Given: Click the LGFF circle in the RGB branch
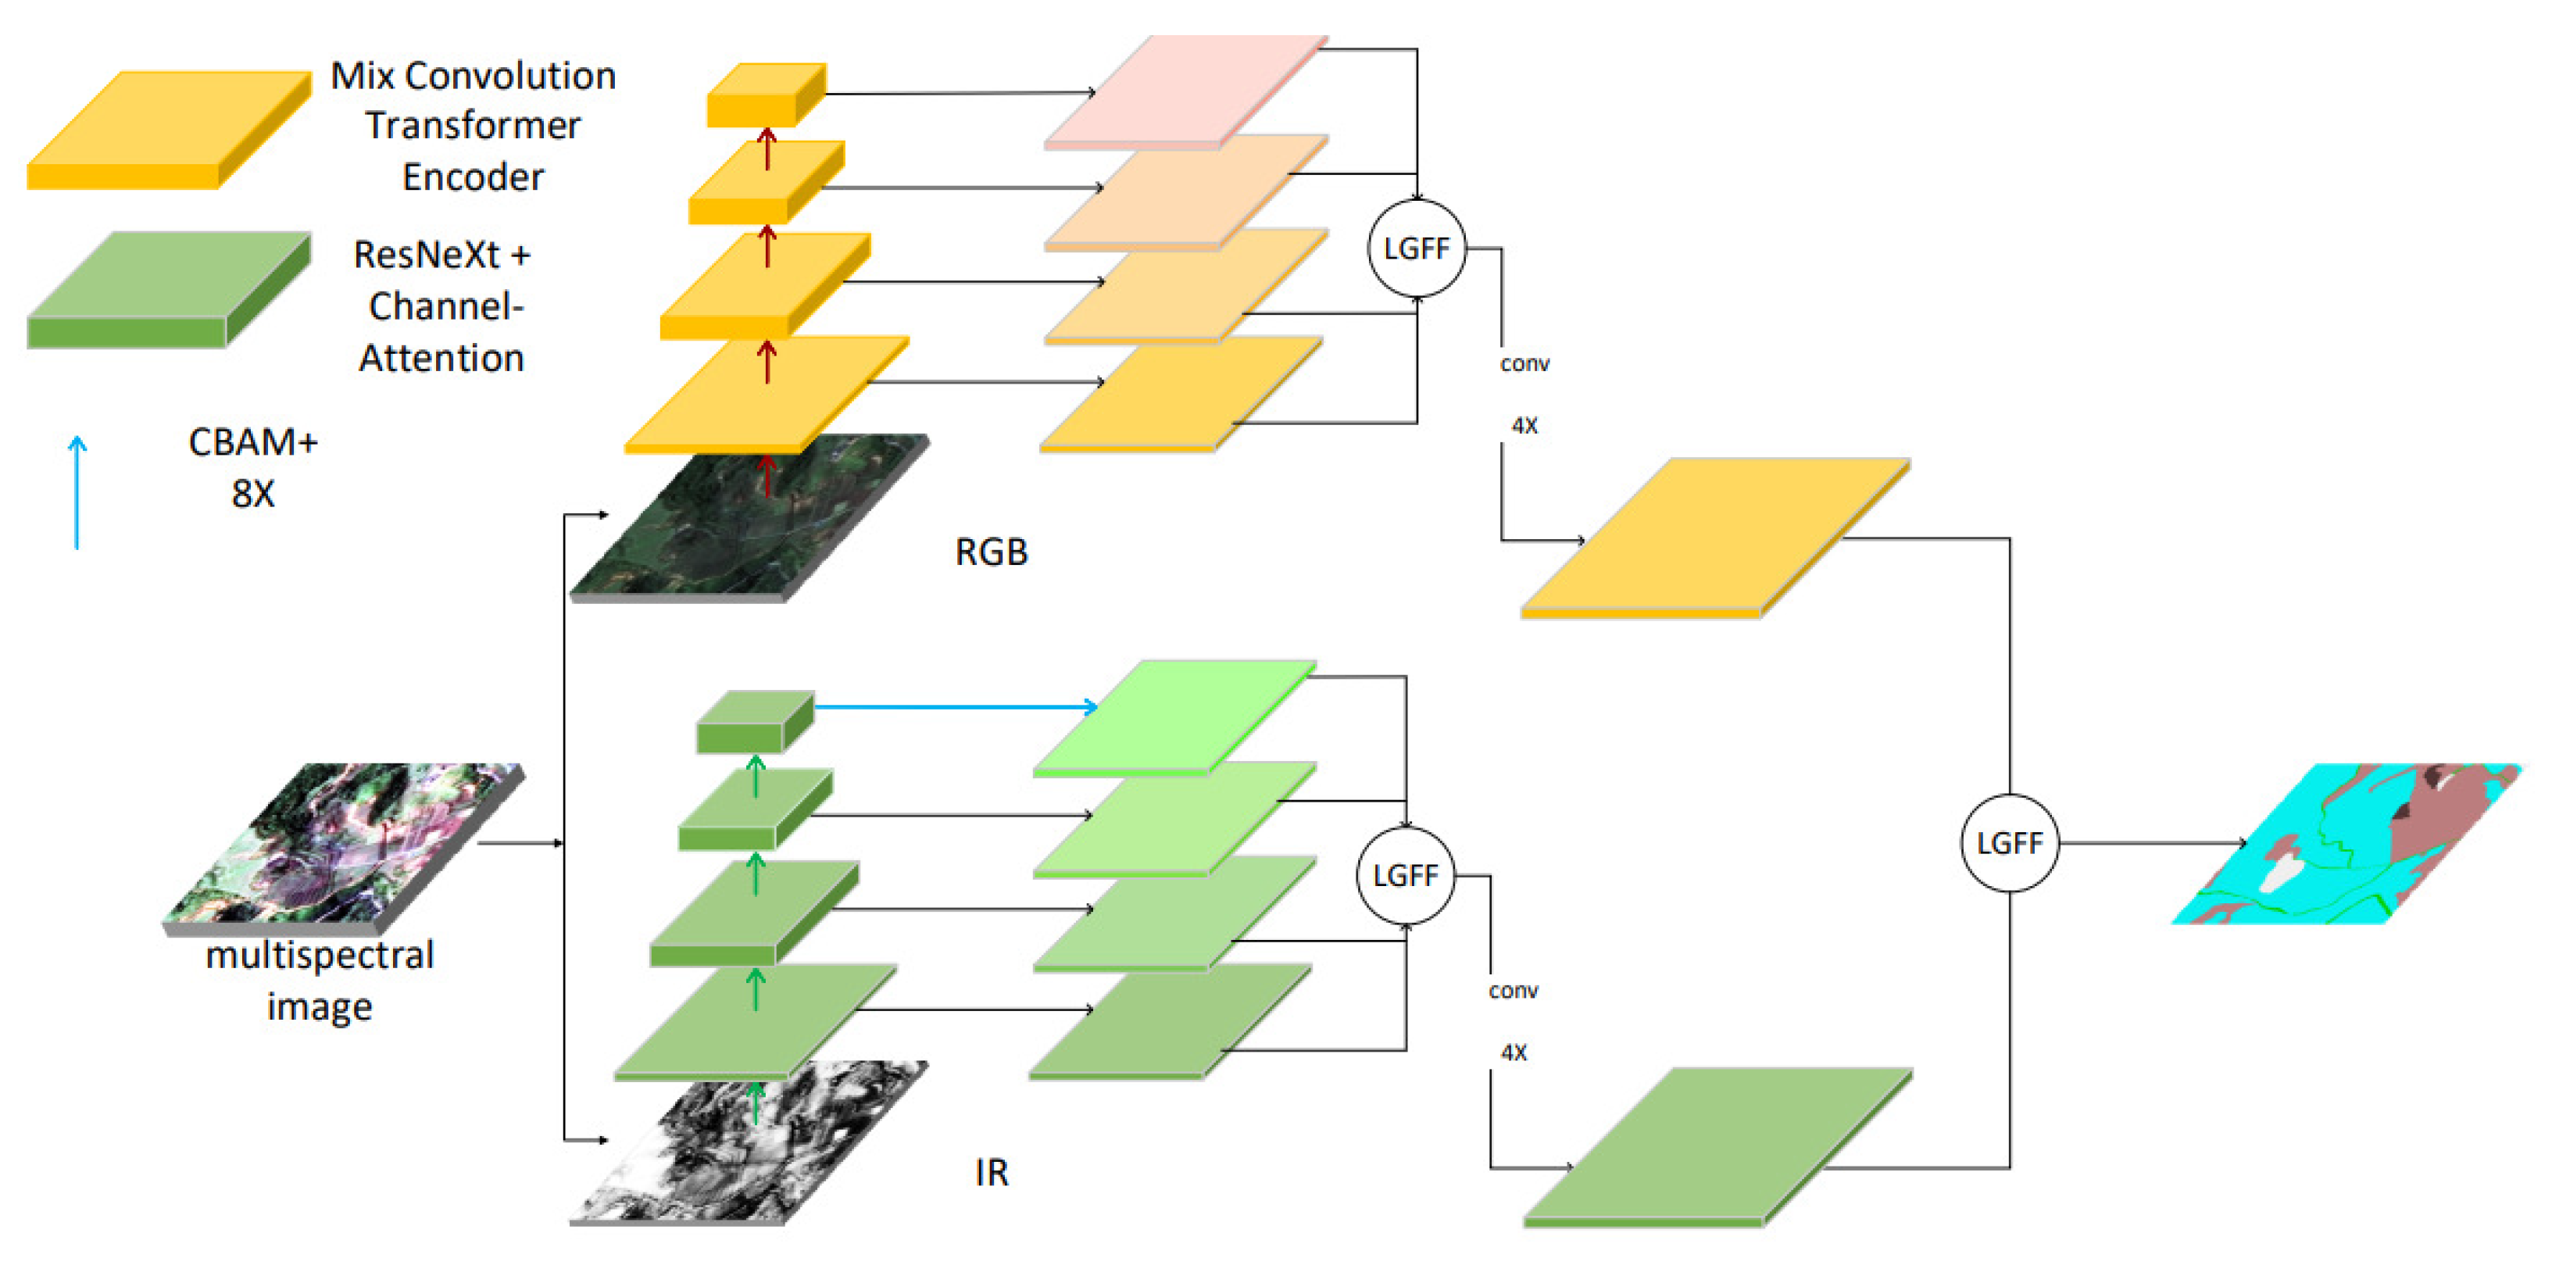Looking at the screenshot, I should pyautogui.click(x=1416, y=248).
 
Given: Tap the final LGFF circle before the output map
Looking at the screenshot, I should pyautogui.click(x=2009, y=843).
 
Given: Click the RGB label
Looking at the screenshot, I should pyautogui.click(x=991, y=552).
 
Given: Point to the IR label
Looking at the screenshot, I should pyautogui.click(x=991, y=1172).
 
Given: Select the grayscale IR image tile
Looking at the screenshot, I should pyautogui.click(x=748, y=1144).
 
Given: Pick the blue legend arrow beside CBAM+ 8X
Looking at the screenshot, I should pyautogui.click(x=77, y=492).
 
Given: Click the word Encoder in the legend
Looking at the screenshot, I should pyautogui.click(x=473, y=177).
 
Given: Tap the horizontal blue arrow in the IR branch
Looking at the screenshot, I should pyautogui.click(x=951, y=706).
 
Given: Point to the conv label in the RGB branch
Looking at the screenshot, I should pyautogui.click(x=1524, y=363).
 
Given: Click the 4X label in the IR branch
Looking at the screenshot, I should pyautogui.click(x=1513, y=1052).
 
